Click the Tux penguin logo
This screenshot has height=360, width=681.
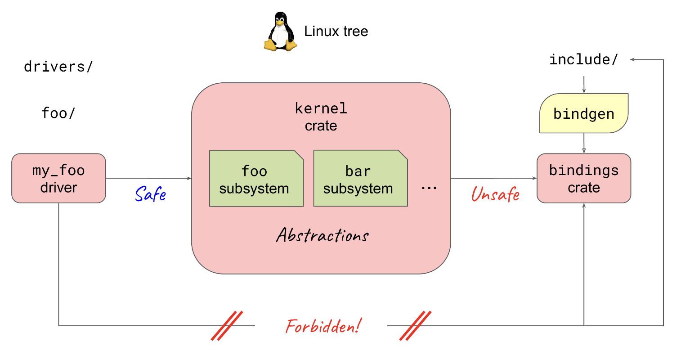[x=280, y=31]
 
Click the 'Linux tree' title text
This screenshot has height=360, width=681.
[x=336, y=31]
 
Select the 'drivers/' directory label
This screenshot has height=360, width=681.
[x=58, y=67]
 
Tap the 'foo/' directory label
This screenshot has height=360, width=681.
[x=58, y=113]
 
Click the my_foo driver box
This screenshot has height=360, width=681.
[x=58, y=178]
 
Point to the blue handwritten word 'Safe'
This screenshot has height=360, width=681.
[x=151, y=194]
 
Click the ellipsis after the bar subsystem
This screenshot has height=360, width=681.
[x=429, y=188]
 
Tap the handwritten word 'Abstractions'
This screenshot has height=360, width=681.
[x=323, y=235]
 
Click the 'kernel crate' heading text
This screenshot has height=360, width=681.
[x=321, y=117]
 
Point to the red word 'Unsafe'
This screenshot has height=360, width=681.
[x=495, y=194]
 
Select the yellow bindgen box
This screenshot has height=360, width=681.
[x=583, y=113]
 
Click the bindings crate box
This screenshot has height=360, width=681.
[x=584, y=178]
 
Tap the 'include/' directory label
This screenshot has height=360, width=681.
[x=583, y=59]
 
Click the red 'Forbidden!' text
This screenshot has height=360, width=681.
[x=323, y=326]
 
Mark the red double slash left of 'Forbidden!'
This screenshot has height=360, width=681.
[x=227, y=325]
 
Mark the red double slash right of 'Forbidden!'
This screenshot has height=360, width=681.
[x=415, y=325]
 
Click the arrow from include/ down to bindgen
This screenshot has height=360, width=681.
[x=584, y=85]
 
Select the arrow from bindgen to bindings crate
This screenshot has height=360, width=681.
[x=584, y=143]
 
